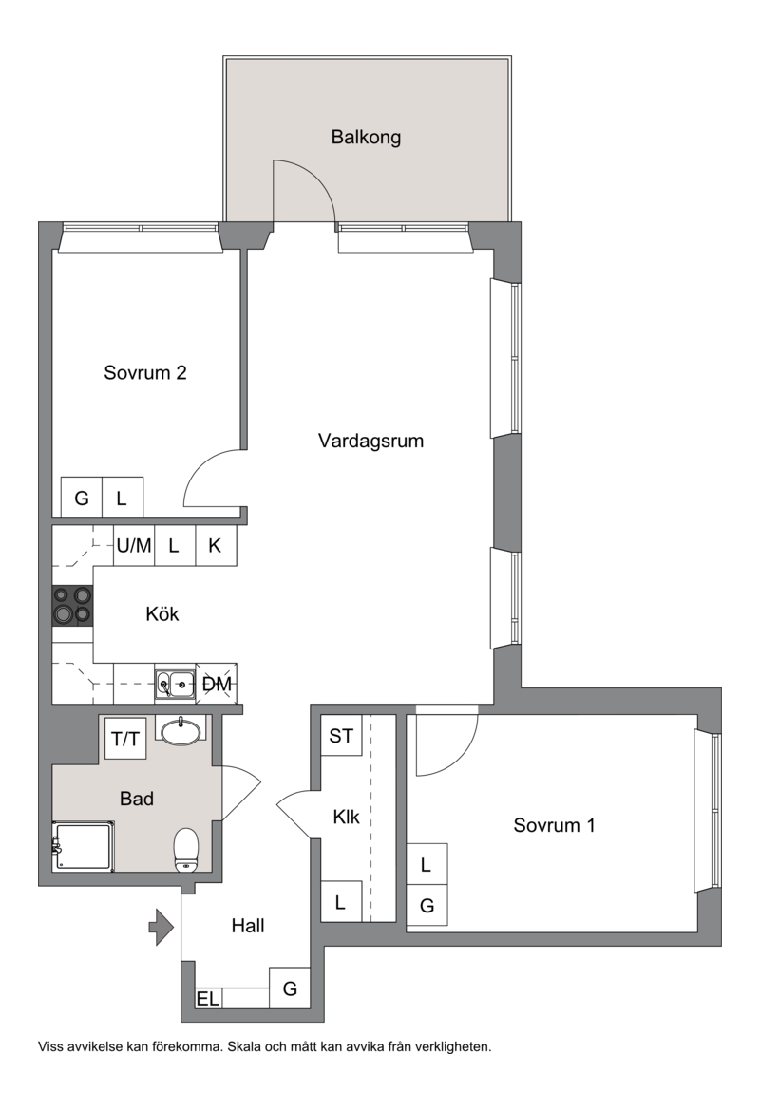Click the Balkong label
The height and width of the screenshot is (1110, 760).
click(366, 137)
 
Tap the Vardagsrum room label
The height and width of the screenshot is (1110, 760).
click(370, 441)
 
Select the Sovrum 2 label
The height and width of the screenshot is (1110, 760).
click(145, 372)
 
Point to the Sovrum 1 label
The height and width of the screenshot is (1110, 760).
click(554, 825)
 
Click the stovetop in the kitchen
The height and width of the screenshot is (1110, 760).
click(72, 606)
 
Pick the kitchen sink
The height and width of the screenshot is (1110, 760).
click(175, 684)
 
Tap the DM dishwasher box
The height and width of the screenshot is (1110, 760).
click(216, 684)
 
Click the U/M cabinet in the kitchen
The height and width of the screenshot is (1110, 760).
click(134, 545)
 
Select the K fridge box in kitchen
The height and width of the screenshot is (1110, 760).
click(216, 545)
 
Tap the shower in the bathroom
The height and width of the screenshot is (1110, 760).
click(82, 847)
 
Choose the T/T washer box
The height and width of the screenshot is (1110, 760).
click(125, 739)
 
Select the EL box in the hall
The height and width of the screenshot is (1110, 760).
click(208, 998)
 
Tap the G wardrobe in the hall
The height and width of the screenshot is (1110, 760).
click(290, 988)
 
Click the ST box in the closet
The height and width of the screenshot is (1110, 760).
click(341, 736)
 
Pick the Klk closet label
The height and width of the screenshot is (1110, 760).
click(347, 817)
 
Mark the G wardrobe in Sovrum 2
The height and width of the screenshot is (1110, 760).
click(82, 498)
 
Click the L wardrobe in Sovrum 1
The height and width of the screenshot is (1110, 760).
click(427, 864)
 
